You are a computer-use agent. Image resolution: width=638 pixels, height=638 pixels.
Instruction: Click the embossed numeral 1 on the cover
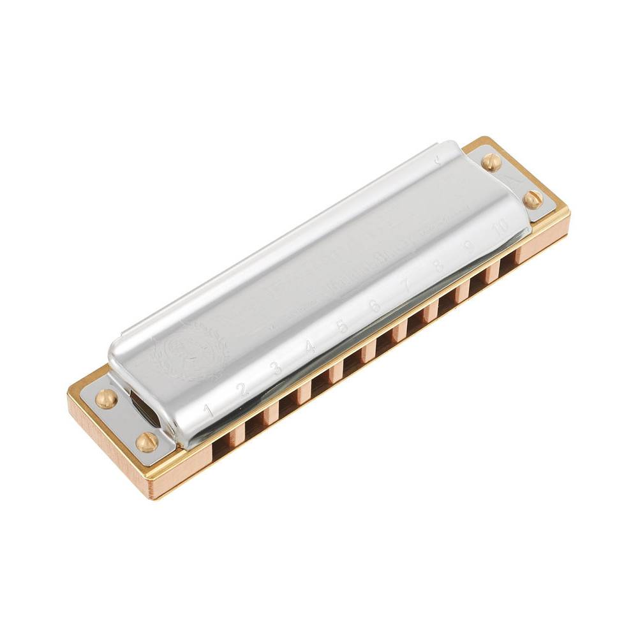point(208,410)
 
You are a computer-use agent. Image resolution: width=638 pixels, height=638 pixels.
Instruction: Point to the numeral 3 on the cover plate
point(276,368)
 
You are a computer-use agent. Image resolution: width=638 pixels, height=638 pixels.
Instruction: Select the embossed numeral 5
point(342,326)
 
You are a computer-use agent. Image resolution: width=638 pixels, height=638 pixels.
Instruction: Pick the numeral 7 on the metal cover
point(404,286)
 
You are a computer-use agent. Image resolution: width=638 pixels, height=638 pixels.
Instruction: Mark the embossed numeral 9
point(471,246)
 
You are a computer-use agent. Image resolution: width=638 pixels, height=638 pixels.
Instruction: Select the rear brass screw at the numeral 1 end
point(107,399)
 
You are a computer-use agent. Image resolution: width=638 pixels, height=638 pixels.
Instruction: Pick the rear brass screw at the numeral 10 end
point(491,162)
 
